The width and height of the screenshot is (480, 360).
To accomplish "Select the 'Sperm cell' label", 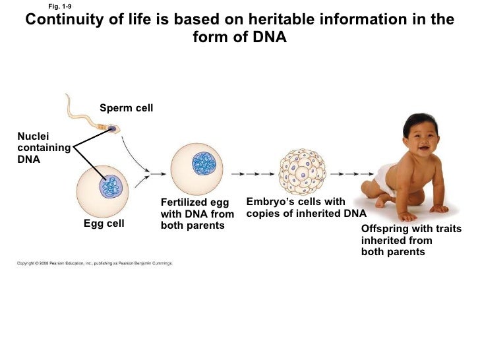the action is pos(126,107).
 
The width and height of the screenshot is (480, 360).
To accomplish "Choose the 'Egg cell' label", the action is pos(104,224).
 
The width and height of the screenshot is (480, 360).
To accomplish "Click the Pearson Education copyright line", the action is pos(94,263).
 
